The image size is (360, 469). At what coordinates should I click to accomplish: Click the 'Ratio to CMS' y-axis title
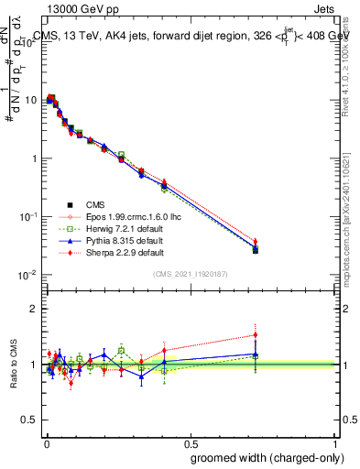[12, 365]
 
